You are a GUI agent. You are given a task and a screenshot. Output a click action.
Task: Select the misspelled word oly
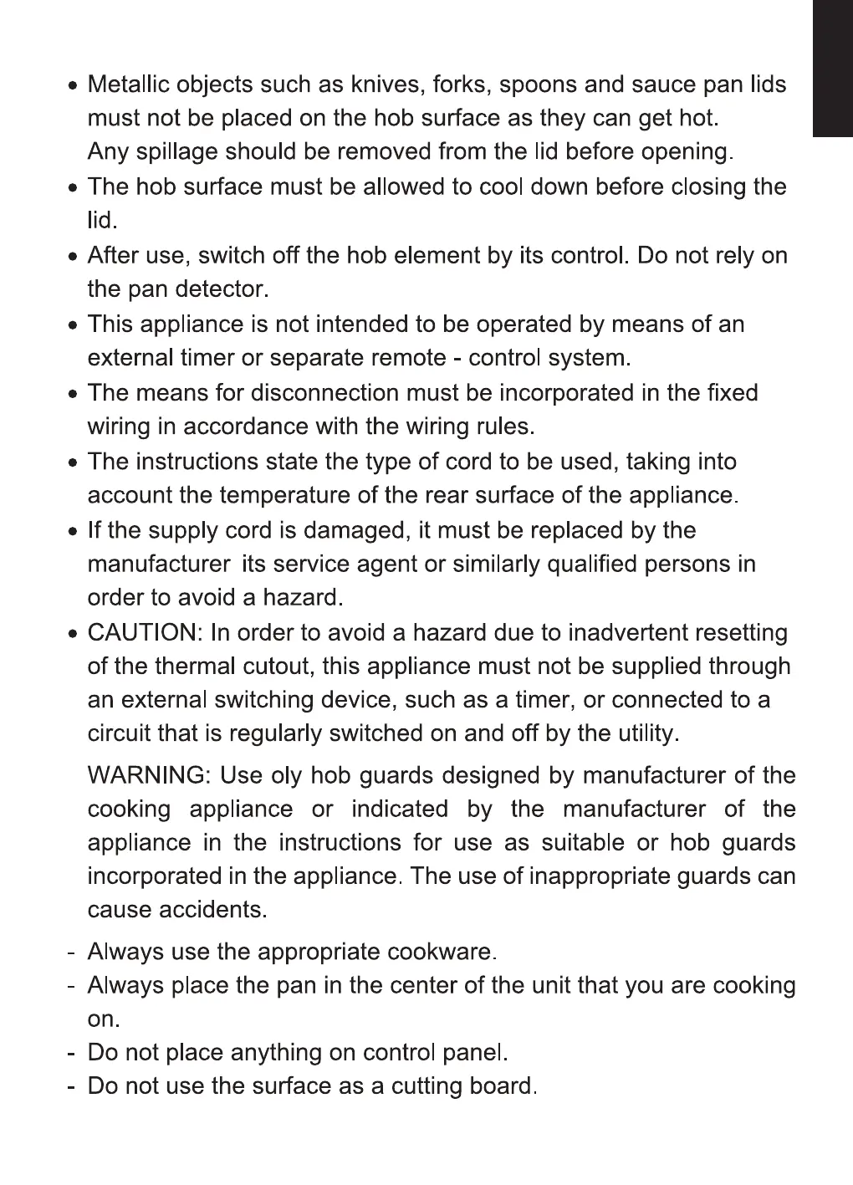coord(286,776)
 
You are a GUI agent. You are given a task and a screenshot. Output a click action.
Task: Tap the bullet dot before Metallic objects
coord(74,86)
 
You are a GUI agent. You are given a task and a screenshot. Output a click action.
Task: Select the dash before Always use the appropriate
coord(74,953)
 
